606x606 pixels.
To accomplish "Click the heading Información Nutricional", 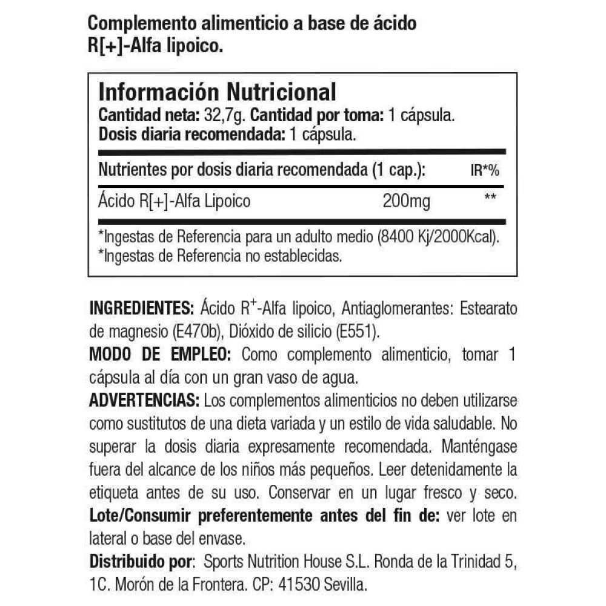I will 217,92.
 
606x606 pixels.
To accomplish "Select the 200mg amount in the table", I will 407,201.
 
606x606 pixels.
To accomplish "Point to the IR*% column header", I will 485,171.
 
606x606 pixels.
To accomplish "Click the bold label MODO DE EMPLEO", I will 159,354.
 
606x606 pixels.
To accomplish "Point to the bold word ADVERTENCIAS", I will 144,401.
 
